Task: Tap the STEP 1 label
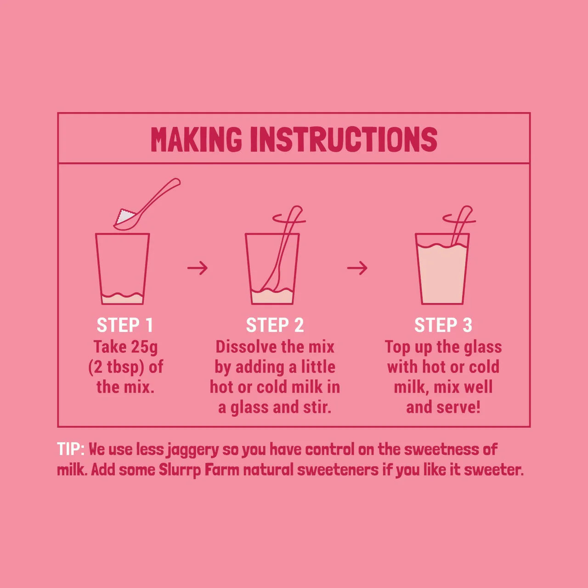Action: (x=124, y=325)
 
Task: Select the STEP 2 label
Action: (x=275, y=325)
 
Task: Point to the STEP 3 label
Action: (x=443, y=325)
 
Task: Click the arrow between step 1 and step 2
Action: (x=198, y=268)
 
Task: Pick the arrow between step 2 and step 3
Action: (x=357, y=268)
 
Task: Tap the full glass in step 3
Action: (x=442, y=273)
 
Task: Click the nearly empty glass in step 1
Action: (x=122, y=271)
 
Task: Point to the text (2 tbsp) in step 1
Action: (x=116, y=367)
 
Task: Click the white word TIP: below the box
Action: (x=70, y=449)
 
